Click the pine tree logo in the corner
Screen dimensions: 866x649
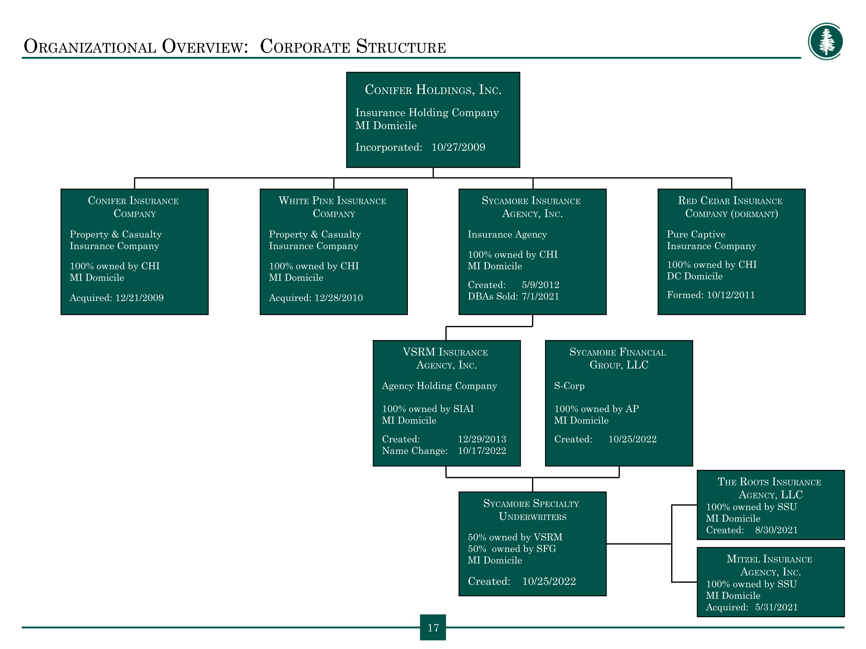pyautogui.click(x=825, y=41)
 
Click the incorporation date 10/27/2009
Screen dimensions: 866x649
pyautogui.click(x=458, y=147)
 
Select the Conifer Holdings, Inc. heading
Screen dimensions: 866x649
pyautogui.click(x=433, y=90)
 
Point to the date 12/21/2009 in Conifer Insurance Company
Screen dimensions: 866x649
pyautogui.click(x=139, y=298)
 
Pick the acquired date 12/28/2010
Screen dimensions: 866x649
pyautogui.click(x=339, y=298)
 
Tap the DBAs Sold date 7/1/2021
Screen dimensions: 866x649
pyautogui.click(x=540, y=296)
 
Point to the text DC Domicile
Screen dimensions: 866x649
pyautogui.click(x=695, y=276)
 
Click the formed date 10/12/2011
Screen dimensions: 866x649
pyautogui.click(x=731, y=295)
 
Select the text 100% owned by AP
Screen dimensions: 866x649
pyautogui.click(x=596, y=409)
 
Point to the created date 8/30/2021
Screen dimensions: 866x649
pyautogui.click(x=776, y=530)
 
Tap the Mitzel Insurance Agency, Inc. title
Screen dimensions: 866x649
pyautogui.click(x=770, y=565)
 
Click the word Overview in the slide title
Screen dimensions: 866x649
pyautogui.click(x=205, y=46)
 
